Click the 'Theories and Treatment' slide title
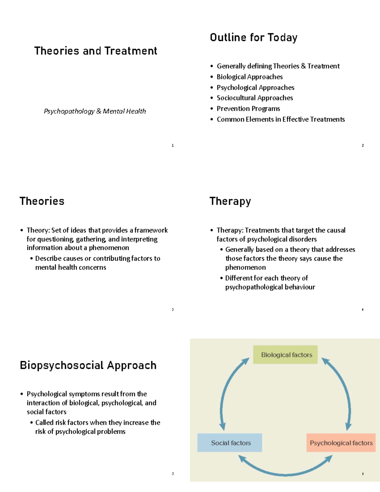[96, 51]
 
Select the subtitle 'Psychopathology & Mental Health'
[95, 111]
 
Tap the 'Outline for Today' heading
[254, 37]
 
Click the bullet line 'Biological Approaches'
[250, 77]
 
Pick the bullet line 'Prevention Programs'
[248, 109]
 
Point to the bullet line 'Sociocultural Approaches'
[255, 98]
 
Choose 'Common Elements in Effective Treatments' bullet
[281, 119]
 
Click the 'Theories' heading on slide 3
[42, 201]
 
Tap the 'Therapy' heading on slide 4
[230, 201]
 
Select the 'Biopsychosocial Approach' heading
[88, 365]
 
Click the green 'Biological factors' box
[285, 355]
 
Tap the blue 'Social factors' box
[230, 443]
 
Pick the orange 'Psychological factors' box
[341, 443]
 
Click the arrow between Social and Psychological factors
[285, 474]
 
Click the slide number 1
[173, 145]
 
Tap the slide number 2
[363, 145]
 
